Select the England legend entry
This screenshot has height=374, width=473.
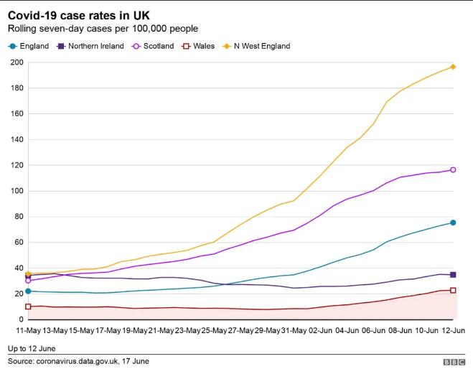tap(28, 46)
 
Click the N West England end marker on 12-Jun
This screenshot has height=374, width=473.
tap(453, 67)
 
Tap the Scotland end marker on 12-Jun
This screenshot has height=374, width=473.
tap(453, 170)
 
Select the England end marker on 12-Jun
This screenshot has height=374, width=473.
tap(453, 223)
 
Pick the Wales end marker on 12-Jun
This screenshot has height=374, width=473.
tap(453, 290)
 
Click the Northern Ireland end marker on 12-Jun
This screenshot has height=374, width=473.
tap(453, 275)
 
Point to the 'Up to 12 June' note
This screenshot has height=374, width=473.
tap(33, 349)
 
